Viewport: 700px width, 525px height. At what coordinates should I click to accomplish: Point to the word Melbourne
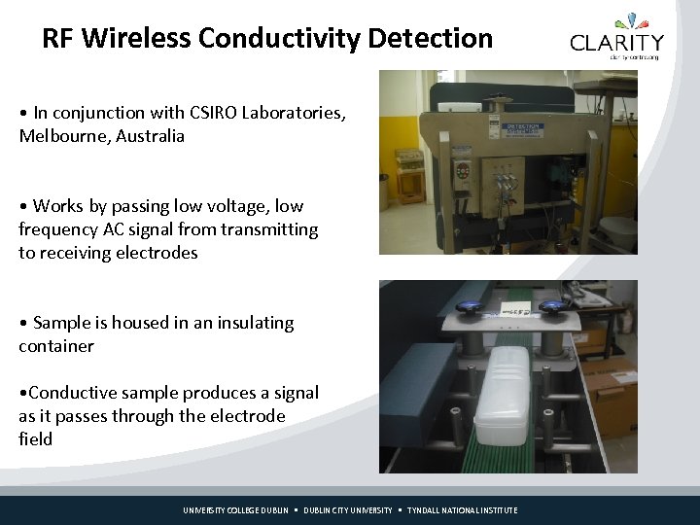62,136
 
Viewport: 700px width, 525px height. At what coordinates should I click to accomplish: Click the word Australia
150,136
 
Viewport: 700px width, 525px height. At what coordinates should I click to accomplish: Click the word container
56,346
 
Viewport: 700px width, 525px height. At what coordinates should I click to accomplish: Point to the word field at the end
35,439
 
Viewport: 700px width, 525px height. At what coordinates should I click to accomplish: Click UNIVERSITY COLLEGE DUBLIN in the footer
236,510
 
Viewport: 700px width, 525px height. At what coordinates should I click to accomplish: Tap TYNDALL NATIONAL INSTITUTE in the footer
463,510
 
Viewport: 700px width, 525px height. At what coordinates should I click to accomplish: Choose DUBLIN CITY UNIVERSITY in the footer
348,510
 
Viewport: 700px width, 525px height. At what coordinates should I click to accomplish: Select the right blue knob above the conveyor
554,308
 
